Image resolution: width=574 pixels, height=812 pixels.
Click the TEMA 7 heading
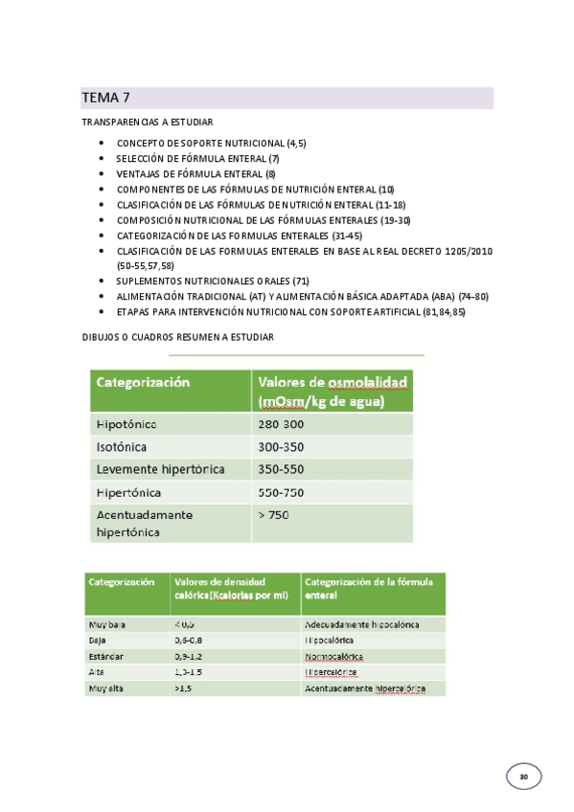105,98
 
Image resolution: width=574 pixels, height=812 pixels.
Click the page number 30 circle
523,776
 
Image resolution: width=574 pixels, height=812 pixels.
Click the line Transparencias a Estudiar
148,123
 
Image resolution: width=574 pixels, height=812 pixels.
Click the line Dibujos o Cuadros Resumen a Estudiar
178,337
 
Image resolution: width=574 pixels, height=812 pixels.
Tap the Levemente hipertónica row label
160,469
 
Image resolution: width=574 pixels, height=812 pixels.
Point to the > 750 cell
273,515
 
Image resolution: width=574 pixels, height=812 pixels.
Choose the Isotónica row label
130,446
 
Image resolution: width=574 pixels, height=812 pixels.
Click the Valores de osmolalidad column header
332,392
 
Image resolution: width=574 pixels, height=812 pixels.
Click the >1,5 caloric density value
182,688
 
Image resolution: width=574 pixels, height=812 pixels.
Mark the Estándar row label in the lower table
105,657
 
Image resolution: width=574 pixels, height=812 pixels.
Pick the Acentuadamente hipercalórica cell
365,688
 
